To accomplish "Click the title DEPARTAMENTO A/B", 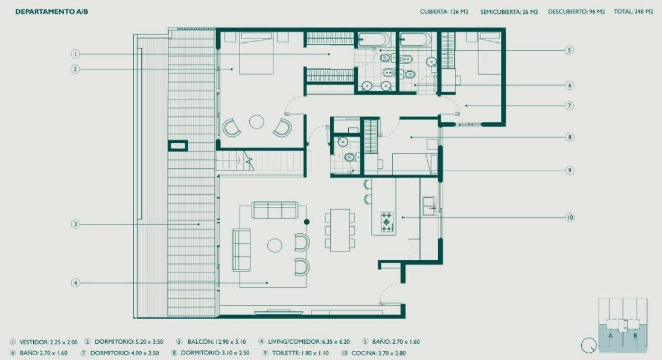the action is [51, 12].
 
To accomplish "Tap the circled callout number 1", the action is [75, 54].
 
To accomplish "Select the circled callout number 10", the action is [570, 217].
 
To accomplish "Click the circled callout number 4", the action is [75, 283].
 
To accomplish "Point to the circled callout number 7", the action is [570, 106].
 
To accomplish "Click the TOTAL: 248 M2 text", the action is [633, 12].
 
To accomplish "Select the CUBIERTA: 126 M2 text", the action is [444, 12].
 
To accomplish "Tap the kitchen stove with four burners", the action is [387, 222].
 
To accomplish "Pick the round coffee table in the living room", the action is [275, 245].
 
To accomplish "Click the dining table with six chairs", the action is [340, 230].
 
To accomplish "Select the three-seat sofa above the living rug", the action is [275, 210].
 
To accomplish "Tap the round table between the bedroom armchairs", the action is [256, 122].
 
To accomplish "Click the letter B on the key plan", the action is [635, 336].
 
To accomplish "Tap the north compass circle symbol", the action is [588, 346].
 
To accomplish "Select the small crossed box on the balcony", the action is [178, 146].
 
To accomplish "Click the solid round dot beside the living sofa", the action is [307, 221].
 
